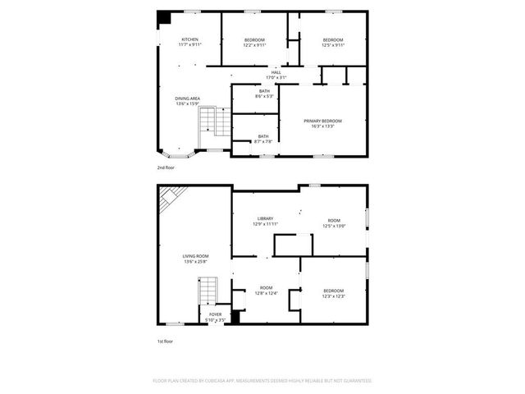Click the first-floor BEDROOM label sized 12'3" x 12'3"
tap(333, 293)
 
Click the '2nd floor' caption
tap(166, 167)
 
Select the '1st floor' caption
tap(166, 341)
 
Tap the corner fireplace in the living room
tap(171, 197)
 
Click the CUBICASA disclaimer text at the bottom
tap(262, 381)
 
